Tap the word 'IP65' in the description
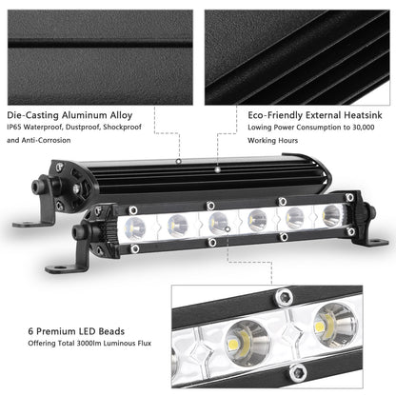point(14,124)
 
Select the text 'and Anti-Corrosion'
point(40,140)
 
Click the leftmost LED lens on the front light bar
point(135,227)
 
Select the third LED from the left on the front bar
point(216,221)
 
